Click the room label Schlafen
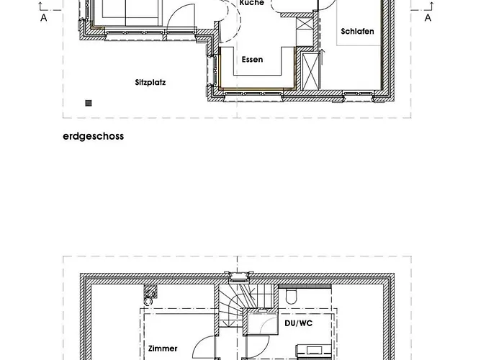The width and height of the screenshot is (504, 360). point(357,32)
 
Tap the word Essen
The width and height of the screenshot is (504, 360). point(252,60)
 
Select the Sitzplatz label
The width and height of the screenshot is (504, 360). point(150,83)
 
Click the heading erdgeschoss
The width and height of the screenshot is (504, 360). point(93,136)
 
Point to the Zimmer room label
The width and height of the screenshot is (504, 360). point(163,348)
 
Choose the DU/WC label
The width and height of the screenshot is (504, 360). point(299,323)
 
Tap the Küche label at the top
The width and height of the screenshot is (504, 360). point(252,3)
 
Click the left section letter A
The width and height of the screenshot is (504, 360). point(44,18)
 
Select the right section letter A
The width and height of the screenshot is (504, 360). point(428,18)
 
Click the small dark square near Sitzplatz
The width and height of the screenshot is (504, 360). point(89,103)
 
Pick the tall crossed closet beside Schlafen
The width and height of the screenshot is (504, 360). point(311,71)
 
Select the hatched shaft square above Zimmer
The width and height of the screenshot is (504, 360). point(150,291)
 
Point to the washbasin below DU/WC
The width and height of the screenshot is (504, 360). point(314,351)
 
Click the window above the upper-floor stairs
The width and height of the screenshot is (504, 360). point(238,276)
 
